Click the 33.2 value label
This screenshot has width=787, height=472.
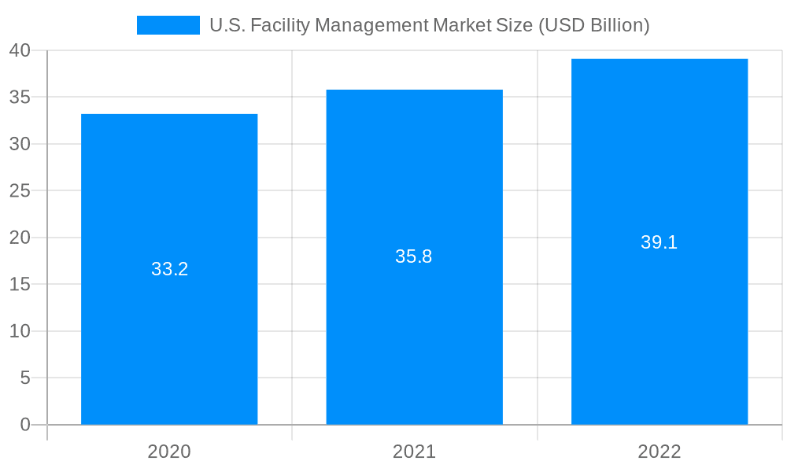point(169,269)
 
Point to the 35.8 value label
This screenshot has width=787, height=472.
point(414,256)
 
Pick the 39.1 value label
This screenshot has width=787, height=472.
point(660,242)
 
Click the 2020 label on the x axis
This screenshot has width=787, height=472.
point(169,452)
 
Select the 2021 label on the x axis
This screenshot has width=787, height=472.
point(414,452)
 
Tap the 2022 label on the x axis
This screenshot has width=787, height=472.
point(660,452)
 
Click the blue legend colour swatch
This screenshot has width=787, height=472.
point(168,25)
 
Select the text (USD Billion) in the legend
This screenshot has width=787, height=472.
point(594,25)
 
